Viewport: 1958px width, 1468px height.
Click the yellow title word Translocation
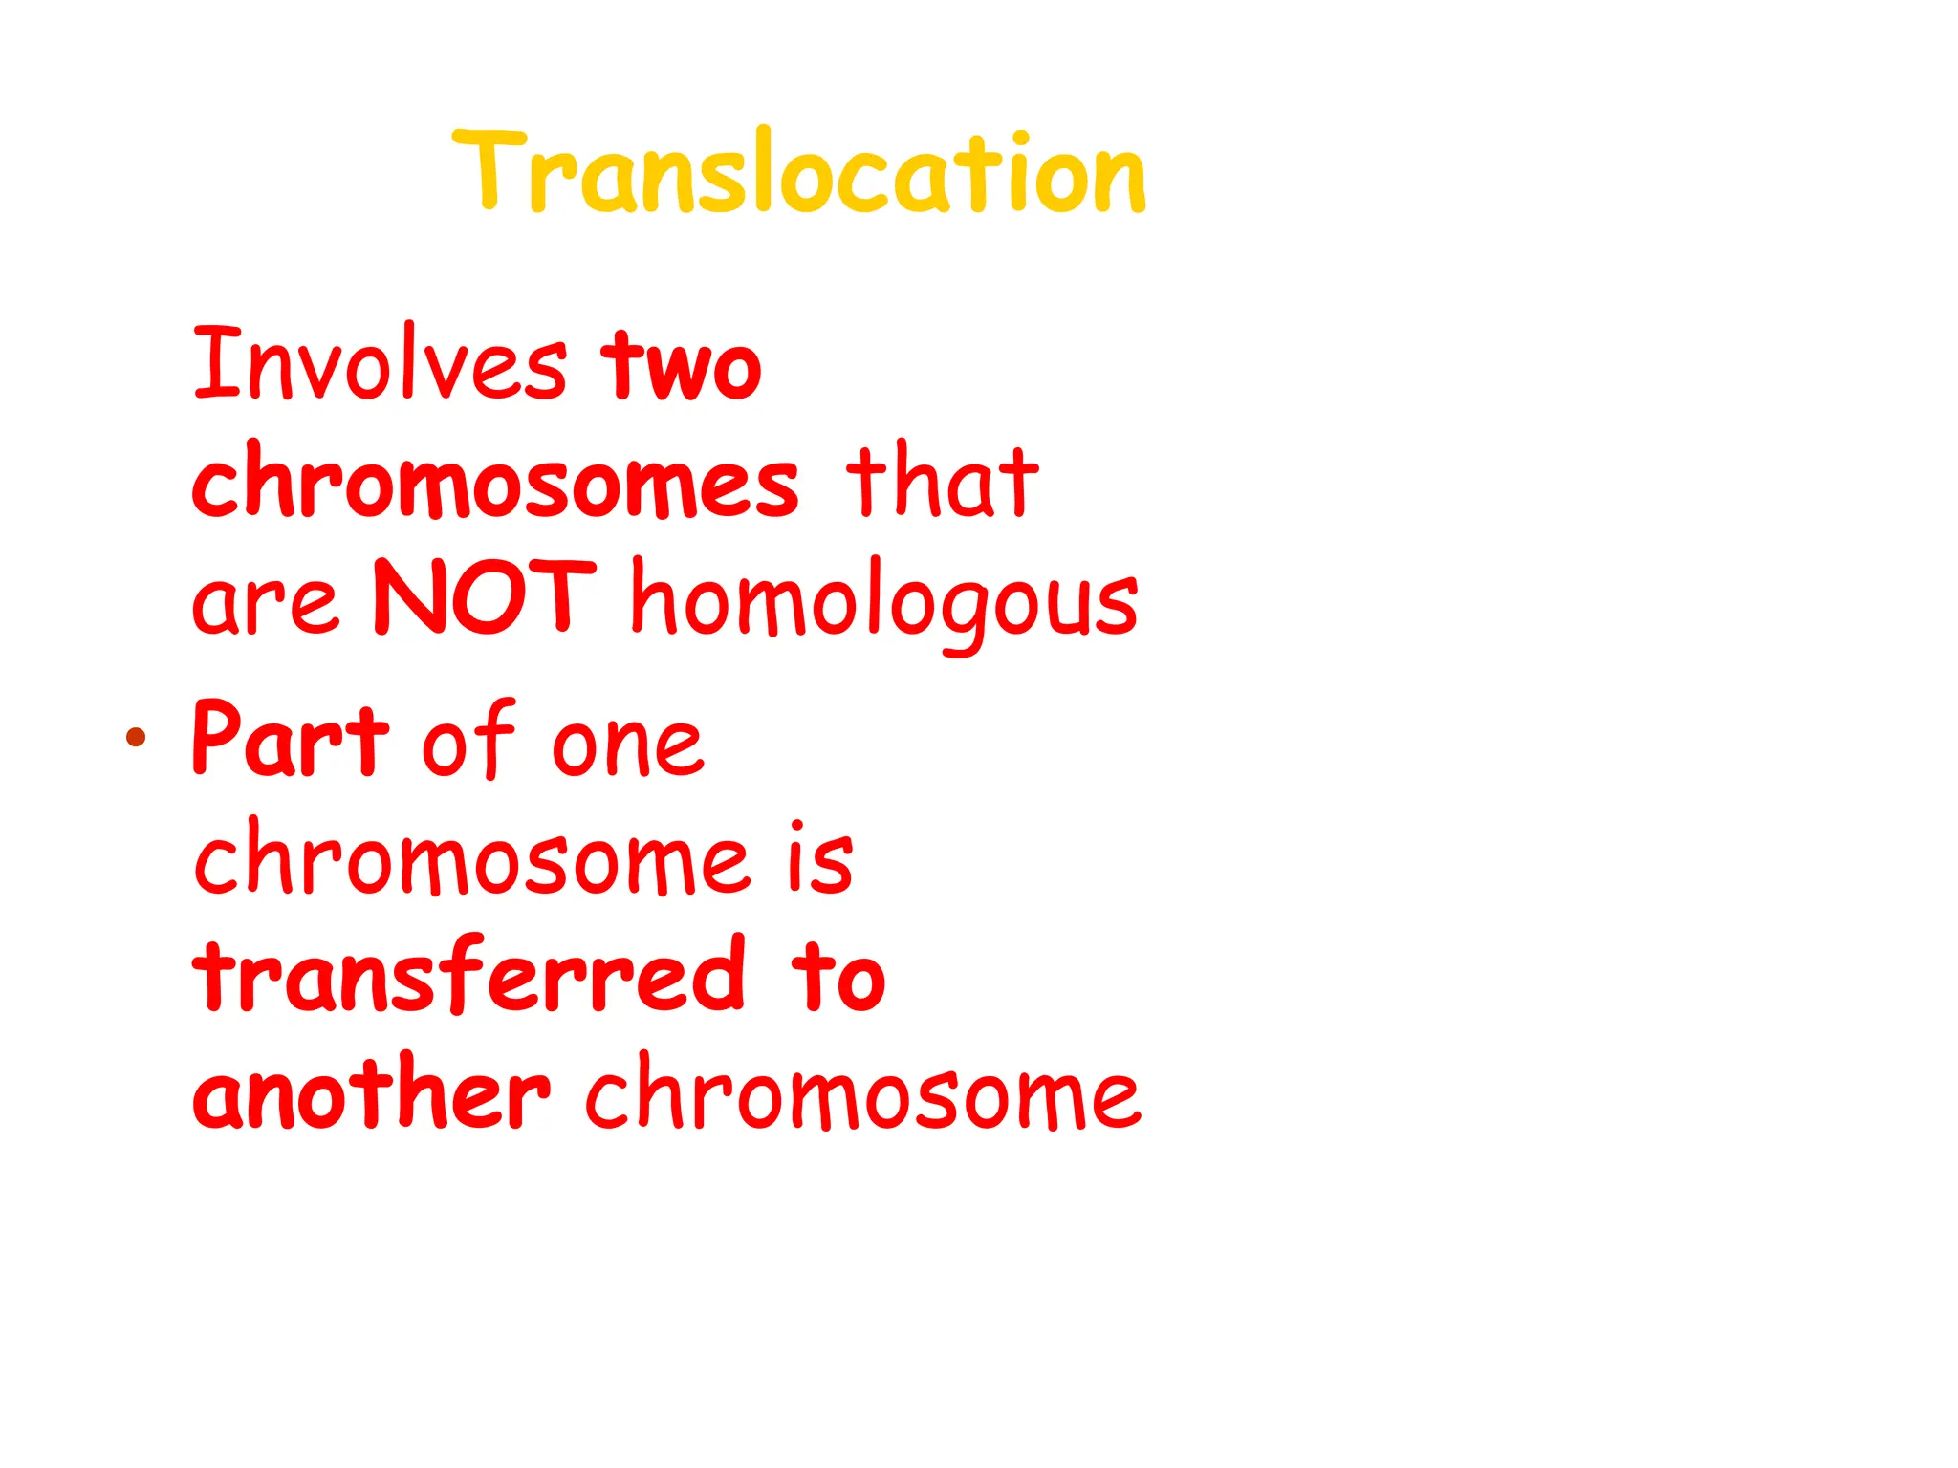(x=799, y=172)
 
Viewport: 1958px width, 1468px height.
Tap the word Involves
(x=380, y=365)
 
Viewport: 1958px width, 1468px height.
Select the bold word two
(x=681, y=365)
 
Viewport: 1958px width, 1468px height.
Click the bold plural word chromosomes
(x=495, y=483)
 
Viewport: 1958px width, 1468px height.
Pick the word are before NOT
(x=265, y=603)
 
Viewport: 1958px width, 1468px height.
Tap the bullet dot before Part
(x=136, y=736)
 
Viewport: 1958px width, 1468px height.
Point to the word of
(x=468, y=738)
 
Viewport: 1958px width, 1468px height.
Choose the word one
(x=627, y=745)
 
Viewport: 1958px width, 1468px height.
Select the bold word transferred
(x=468, y=975)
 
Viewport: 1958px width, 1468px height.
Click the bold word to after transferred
(x=838, y=977)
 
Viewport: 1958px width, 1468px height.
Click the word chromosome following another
(x=862, y=1094)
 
